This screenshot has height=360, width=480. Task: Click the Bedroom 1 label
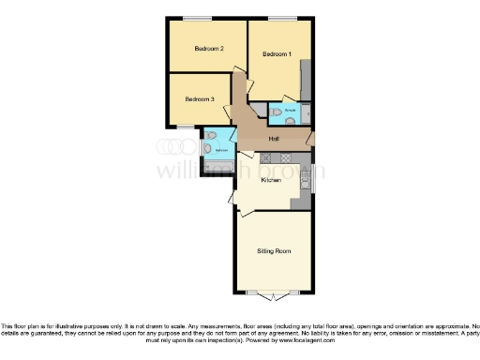point(277,54)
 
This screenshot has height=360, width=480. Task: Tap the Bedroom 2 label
point(209,49)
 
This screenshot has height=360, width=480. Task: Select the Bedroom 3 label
point(199,98)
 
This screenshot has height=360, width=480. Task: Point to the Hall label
point(274,139)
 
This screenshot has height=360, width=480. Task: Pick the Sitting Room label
point(274,251)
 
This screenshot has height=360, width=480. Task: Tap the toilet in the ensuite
point(276,112)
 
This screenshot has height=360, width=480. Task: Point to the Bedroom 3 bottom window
point(187,126)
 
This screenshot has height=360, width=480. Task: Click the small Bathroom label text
point(221,149)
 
